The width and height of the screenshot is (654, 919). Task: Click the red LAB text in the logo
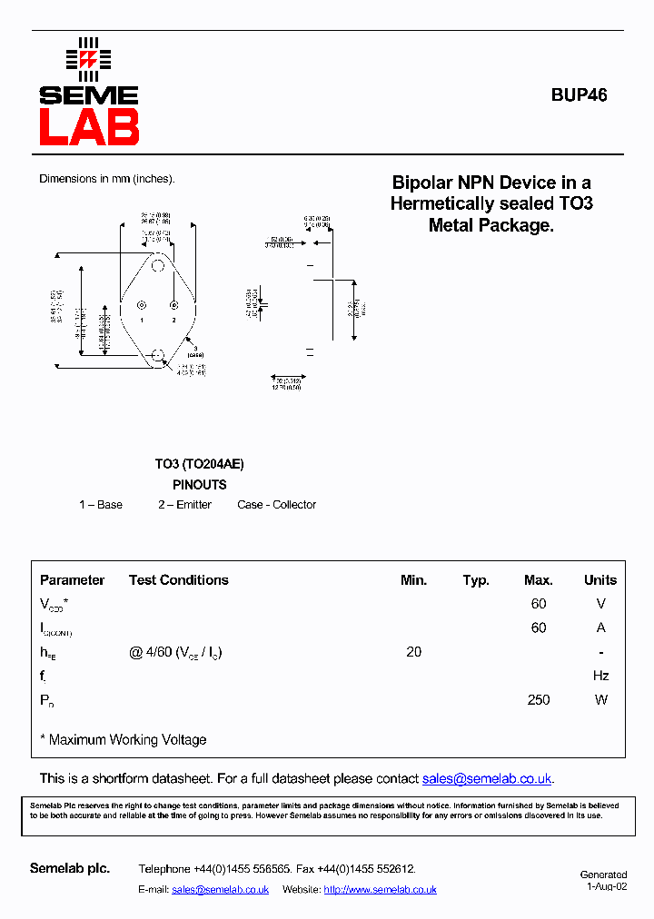coord(88,126)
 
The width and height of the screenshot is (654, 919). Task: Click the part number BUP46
coord(579,94)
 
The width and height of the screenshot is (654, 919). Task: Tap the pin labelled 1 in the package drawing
coord(141,305)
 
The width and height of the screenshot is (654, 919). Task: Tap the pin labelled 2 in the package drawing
coord(173,305)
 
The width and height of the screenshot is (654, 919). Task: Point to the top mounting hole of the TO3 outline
coord(158,266)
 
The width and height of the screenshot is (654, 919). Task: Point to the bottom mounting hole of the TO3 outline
coord(158,354)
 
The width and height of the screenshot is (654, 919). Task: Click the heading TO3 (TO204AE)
coord(199,464)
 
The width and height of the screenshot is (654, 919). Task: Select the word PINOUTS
coord(199,485)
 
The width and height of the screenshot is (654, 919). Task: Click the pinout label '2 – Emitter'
coord(184,505)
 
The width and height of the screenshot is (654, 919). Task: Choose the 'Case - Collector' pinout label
coord(276,505)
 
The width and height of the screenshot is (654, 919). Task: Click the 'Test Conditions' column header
coord(178,580)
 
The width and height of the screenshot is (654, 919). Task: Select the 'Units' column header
coord(599,580)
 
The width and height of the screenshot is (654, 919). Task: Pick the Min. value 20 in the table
coord(413,652)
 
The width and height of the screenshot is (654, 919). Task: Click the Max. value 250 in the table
coord(539,700)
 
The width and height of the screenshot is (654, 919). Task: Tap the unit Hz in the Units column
coord(600,676)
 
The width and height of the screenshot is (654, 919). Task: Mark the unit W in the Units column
coord(600,700)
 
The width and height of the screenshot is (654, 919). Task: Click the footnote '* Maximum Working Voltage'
coord(124,740)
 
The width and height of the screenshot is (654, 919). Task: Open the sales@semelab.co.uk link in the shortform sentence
coord(487,779)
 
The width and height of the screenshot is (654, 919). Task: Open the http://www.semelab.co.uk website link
coord(380,890)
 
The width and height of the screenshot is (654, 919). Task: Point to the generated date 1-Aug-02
coord(606,887)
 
